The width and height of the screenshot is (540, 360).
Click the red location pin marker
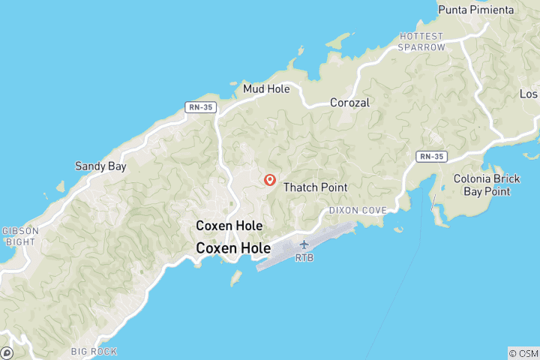270,180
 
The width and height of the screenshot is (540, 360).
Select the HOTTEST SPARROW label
422,41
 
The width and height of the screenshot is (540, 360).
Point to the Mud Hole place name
266,88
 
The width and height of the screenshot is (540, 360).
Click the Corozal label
350,103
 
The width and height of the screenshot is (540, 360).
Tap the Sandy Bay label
100,166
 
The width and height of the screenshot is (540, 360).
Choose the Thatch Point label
314,187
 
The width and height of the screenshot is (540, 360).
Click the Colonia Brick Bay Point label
481,185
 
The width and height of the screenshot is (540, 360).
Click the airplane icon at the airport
304,244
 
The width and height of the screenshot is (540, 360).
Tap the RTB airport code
304,257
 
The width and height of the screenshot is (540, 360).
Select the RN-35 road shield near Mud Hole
201,107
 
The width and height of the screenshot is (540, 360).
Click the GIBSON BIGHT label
18,236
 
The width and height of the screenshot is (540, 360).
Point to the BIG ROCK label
94,351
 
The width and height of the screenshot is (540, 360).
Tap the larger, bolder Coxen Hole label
229,247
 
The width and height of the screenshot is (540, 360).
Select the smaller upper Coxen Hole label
229,225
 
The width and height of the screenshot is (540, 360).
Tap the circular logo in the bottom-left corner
7,352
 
